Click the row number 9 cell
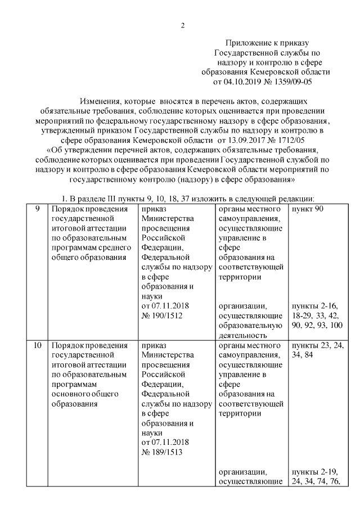click(37, 209)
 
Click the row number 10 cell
click(37, 345)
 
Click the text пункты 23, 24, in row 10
click(317, 345)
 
